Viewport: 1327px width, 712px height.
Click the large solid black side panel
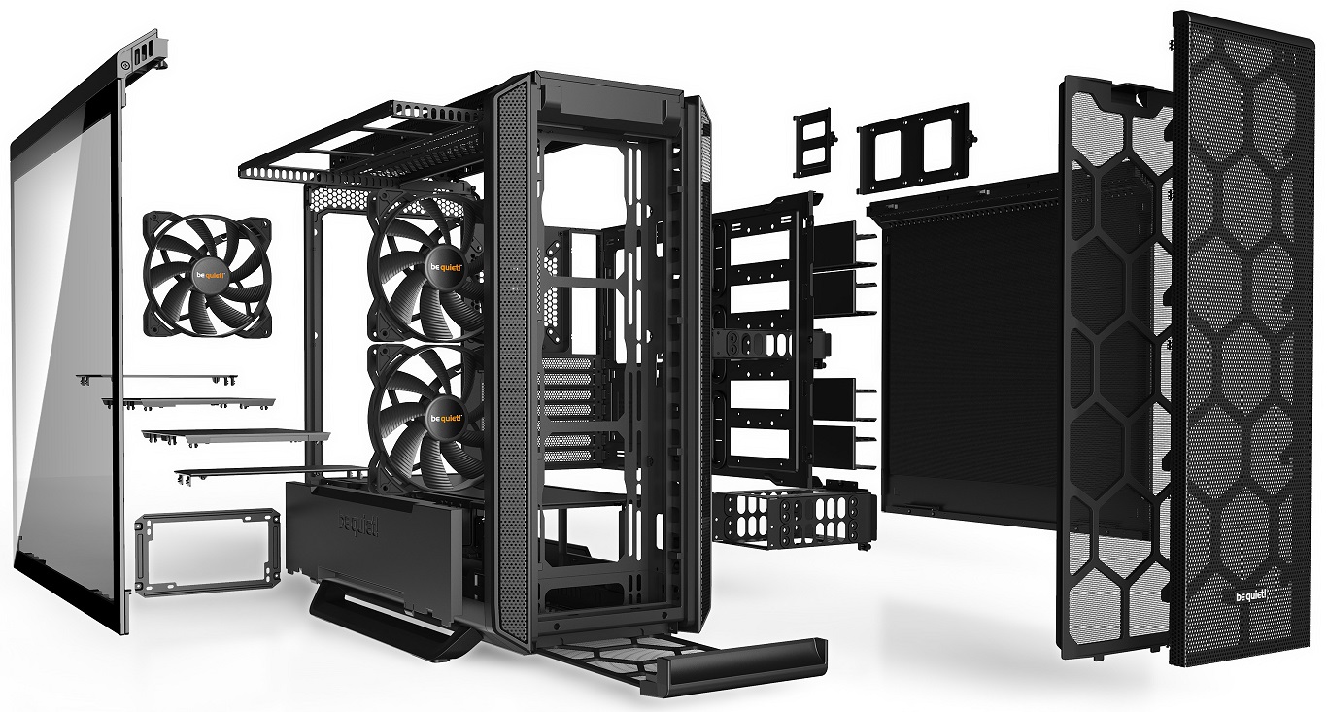click(971, 340)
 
